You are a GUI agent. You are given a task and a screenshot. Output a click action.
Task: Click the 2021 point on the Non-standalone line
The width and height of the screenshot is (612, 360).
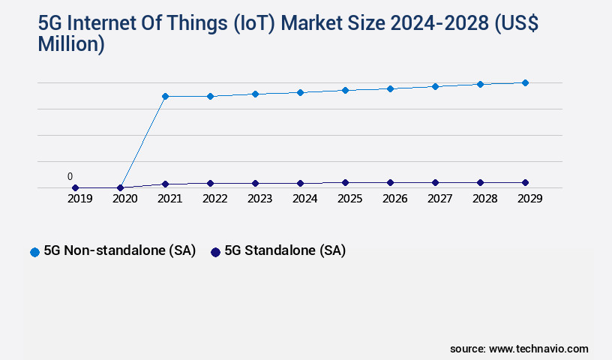pyautogui.click(x=165, y=96)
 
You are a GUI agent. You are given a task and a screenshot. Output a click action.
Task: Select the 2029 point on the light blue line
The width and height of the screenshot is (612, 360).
pyautogui.click(x=525, y=82)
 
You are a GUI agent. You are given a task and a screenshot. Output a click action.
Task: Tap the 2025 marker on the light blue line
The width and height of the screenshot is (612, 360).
pyautogui.click(x=345, y=90)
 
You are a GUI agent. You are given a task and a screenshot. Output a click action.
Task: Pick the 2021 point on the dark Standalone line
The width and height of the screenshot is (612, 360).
pyautogui.click(x=165, y=184)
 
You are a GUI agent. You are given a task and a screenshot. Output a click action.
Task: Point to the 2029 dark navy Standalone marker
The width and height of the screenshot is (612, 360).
pyautogui.click(x=525, y=182)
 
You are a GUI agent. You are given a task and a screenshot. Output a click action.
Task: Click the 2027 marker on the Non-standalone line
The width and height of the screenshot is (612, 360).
pyautogui.click(x=435, y=86)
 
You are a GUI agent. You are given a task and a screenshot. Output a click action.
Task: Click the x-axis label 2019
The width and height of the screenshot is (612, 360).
pyautogui.click(x=79, y=199)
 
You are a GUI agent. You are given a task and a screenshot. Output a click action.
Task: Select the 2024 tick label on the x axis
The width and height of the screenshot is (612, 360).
pyautogui.click(x=304, y=199)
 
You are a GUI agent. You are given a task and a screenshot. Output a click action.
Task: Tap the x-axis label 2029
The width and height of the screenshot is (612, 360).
pyautogui.click(x=529, y=199)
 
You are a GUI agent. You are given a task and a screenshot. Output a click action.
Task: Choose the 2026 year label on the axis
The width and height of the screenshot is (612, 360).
pyautogui.click(x=394, y=199)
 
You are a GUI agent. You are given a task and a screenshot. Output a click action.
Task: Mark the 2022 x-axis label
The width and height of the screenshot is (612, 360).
pyautogui.click(x=214, y=199)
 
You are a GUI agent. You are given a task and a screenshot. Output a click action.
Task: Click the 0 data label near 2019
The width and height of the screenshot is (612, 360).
pyautogui.click(x=70, y=176)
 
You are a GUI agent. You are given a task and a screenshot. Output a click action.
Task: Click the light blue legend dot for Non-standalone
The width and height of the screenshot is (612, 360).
pyautogui.click(x=34, y=252)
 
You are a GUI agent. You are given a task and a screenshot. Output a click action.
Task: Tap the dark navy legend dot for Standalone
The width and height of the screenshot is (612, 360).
pyautogui.click(x=215, y=252)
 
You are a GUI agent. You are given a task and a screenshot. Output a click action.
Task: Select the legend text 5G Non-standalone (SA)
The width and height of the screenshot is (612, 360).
pyautogui.click(x=119, y=251)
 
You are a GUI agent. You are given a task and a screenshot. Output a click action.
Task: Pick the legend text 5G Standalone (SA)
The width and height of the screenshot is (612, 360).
pyautogui.click(x=285, y=251)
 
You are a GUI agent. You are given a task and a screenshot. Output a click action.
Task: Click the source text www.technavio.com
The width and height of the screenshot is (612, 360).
pyautogui.click(x=538, y=349)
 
